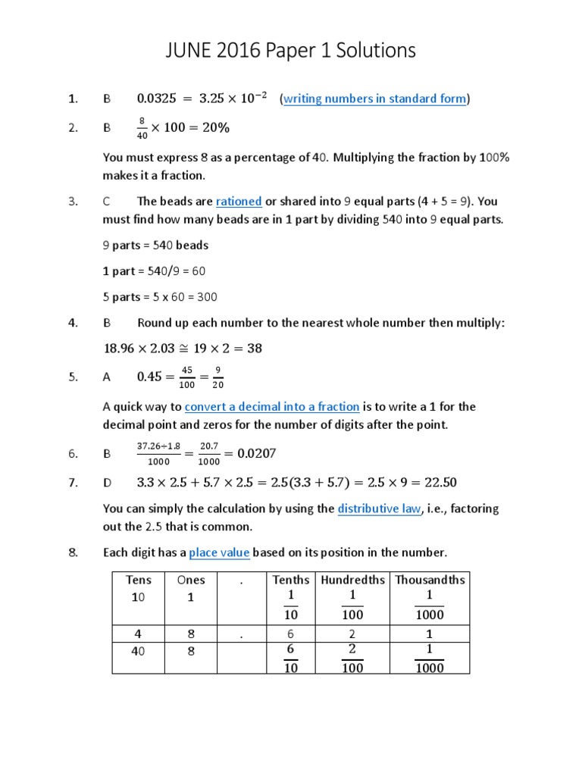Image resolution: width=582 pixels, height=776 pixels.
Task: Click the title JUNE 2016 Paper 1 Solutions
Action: (291, 51)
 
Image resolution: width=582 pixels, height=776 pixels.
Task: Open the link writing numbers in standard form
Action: (374, 99)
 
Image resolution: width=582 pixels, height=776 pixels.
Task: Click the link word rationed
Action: (239, 202)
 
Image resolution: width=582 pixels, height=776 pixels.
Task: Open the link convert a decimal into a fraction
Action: (272, 407)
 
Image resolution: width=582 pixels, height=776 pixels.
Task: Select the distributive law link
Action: (379, 509)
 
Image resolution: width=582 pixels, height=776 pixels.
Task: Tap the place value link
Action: (219, 552)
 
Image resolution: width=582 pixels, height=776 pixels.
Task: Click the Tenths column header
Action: (291, 580)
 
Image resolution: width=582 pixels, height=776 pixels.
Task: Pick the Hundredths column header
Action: (352, 580)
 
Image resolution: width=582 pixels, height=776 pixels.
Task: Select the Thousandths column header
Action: (430, 580)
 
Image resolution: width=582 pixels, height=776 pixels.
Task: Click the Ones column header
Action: (191, 580)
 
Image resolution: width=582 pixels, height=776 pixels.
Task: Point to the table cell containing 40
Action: (138, 651)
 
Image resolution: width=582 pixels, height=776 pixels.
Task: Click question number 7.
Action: (73, 483)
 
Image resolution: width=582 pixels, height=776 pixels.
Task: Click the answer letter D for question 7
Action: (107, 483)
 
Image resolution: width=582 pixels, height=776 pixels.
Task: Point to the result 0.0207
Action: (257, 454)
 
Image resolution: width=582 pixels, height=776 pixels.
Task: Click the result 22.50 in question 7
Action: (440, 483)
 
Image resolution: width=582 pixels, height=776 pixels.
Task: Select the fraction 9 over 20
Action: (218, 377)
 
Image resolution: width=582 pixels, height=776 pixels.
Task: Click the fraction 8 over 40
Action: (142, 128)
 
